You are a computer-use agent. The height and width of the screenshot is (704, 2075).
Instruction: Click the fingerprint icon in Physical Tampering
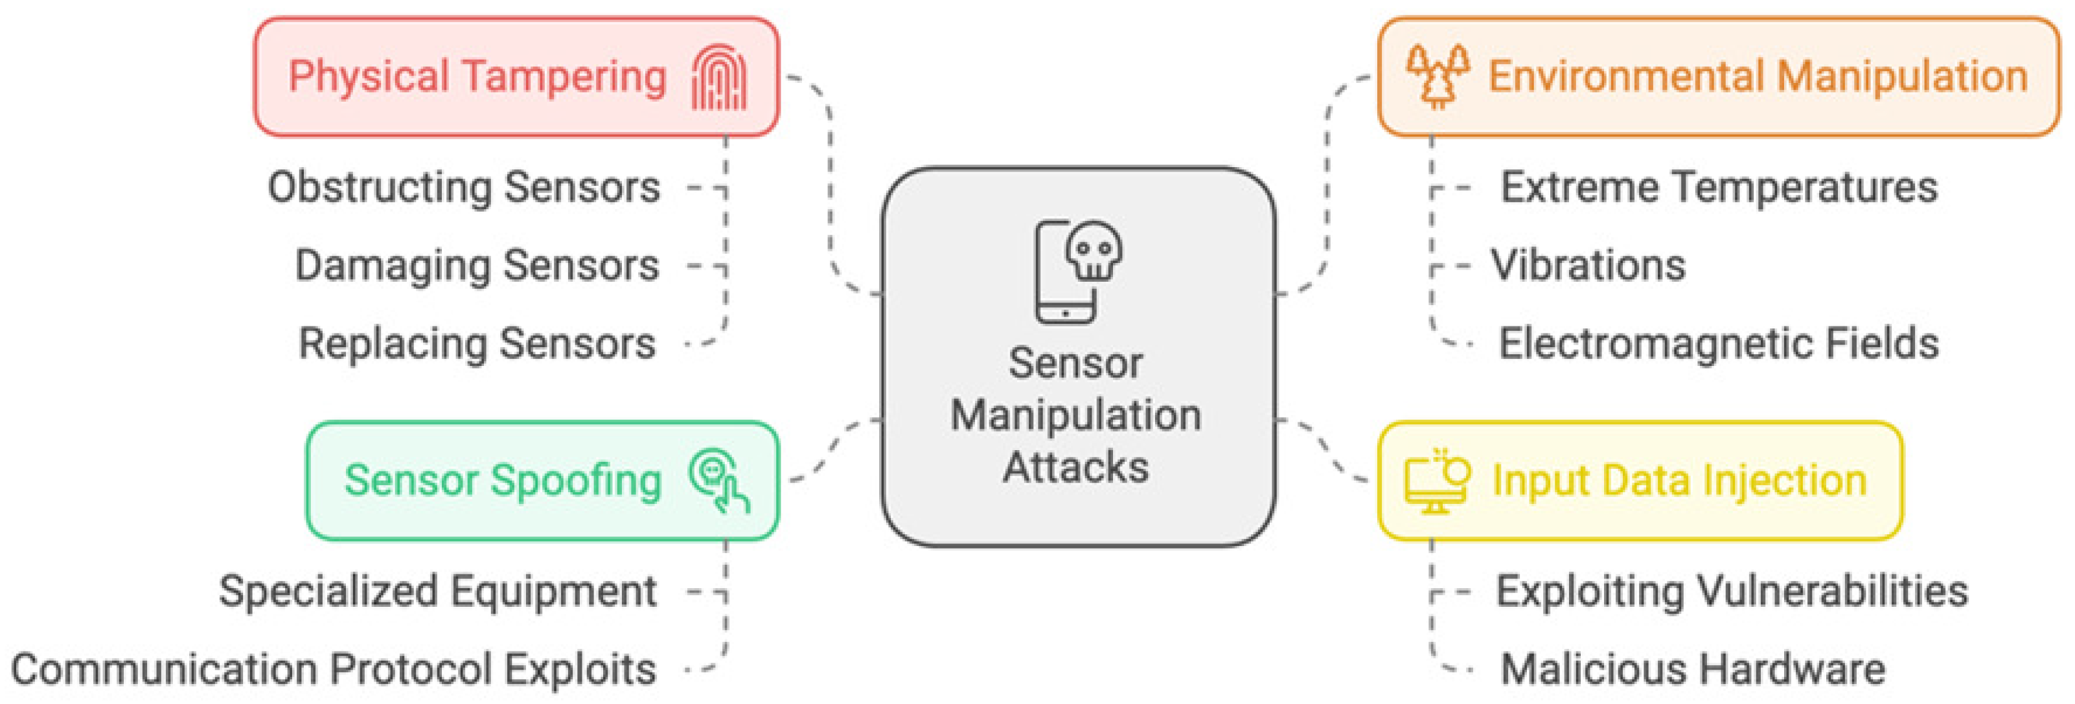(x=718, y=76)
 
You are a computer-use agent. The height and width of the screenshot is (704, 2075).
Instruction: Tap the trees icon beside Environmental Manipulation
(x=1437, y=76)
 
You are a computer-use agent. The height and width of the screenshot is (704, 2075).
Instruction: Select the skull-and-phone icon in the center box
(x=1078, y=271)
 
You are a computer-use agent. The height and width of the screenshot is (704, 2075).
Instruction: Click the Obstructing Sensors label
(x=464, y=188)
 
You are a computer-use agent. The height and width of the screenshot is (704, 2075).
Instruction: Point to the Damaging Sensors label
(x=477, y=266)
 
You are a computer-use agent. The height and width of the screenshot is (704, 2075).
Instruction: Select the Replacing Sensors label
(x=477, y=344)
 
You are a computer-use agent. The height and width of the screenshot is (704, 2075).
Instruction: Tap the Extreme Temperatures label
(x=1719, y=188)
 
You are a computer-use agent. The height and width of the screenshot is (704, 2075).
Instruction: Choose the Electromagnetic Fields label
(x=1719, y=344)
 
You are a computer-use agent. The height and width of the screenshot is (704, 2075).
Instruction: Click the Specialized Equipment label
(x=437, y=592)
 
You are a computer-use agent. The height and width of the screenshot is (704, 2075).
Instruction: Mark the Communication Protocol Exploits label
(x=334, y=670)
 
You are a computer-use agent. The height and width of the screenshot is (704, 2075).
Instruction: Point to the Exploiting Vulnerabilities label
(x=1732, y=592)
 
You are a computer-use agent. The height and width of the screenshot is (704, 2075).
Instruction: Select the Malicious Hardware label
(x=1692, y=670)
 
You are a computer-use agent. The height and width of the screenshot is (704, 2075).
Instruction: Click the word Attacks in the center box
(x=1076, y=467)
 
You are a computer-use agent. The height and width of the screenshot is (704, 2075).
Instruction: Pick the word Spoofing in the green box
(x=576, y=481)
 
